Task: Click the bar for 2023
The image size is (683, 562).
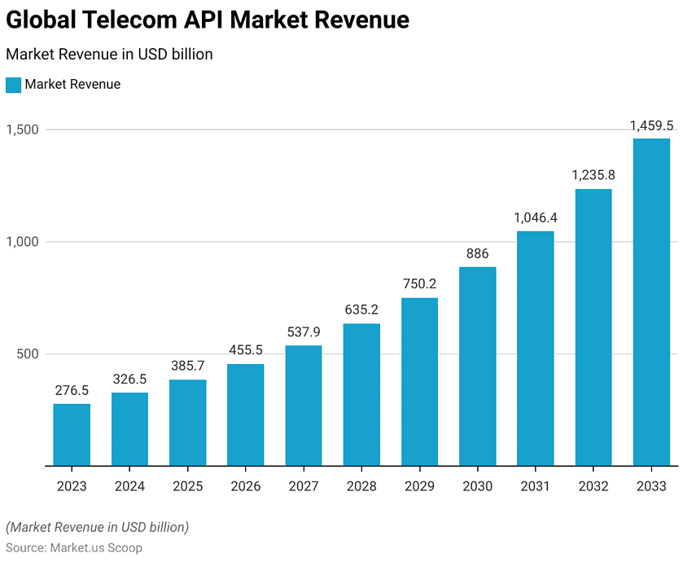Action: (x=72, y=434)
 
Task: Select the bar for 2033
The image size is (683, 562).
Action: (x=651, y=301)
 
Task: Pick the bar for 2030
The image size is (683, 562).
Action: (x=477, y=366)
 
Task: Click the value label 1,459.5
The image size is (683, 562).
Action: (x=651, y=125)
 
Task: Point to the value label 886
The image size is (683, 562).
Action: (x=477, y=253)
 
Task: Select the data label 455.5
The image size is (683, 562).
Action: (x=245, y=350)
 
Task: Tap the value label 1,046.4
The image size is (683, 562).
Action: (x=535, y=217)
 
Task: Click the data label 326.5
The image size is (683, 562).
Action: (x=129, y=380)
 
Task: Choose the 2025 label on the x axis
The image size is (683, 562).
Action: (x=187, y=486)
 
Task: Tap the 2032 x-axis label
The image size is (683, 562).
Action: (x=593, y=486)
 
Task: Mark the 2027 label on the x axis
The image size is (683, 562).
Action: (x=303, y=486)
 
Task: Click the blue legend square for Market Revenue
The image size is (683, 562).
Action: (x=13, y=85)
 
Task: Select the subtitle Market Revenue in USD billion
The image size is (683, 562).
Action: (x=109, y=55)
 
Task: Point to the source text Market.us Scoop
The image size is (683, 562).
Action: (x=96, y=547)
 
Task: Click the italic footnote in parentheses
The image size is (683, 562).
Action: (x=97, y=527)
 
